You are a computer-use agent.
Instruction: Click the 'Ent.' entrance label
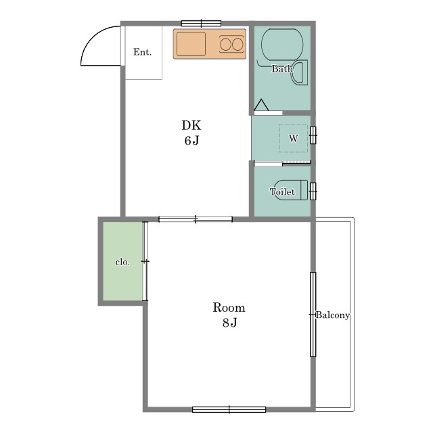pyautogui.click(x=142, y=52)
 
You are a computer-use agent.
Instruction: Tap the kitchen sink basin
pyautogui.click(x=191, y=44)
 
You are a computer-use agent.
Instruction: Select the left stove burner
pyautogui.click(x=225, y=44)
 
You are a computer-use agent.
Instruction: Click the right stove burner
pyautogui.click(x=237, y=44)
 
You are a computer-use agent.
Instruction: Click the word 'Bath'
pyautogui.click(x=282, y=68)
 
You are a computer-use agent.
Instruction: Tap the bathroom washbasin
pyautogui.click(x=299, y=72)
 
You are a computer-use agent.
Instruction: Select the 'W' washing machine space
pyautogui.click(x=293, y=138)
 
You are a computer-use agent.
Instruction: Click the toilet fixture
pyautogui.click(x=291, y=190)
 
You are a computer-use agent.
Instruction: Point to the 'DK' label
pyautogui.click(x=191, y=125)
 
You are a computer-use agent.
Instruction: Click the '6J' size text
pyautogui.click(x=191, y=141)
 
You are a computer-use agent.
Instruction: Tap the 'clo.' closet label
pyautogui.click(x=122, y=262)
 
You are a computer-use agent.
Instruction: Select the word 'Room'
pyautogui.click(x=229, y=308)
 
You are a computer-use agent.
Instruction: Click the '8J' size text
pyautogui.click(x=230, y=322)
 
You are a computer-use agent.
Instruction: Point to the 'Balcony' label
pyautogui.click(x=333, y=315)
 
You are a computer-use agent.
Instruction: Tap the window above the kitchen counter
pyautogui.click(x=202, y=24)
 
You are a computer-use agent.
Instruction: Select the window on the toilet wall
pyautogui.click(x=313, y=191)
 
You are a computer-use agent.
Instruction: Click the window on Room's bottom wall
pyautogui.click(x=229, y=409)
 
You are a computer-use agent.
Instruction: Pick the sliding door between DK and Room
pyautogui.click(x=196, y=219)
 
